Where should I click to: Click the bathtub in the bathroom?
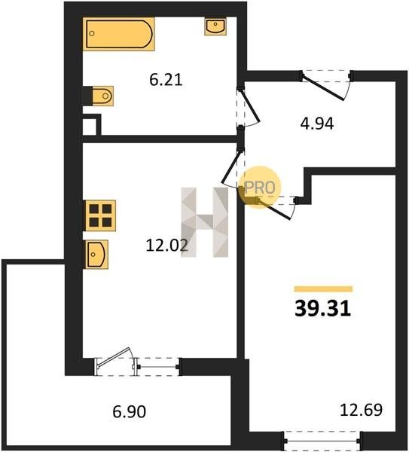coord(118,34)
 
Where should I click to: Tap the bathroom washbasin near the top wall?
coord(215,26)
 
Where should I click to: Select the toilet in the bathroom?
coord(102,96)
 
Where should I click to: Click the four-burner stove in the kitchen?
coord(100,215)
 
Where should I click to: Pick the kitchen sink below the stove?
coord(96,255)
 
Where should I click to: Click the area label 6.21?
coord(166,80)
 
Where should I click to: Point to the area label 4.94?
coord(317,124)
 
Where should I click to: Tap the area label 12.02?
coord(167,246)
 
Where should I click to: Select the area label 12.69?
coord(361,410)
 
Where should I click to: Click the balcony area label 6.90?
coord(129,411)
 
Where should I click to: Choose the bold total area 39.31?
coord(322,308)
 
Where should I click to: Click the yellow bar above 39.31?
coord(323,289)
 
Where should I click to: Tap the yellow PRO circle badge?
coord(260,187)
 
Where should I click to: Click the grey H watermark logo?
coord(205,222)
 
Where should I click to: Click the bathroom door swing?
coord(249,107)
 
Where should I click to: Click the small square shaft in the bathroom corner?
coord(92,125)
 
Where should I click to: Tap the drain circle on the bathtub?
coord(92,33)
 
